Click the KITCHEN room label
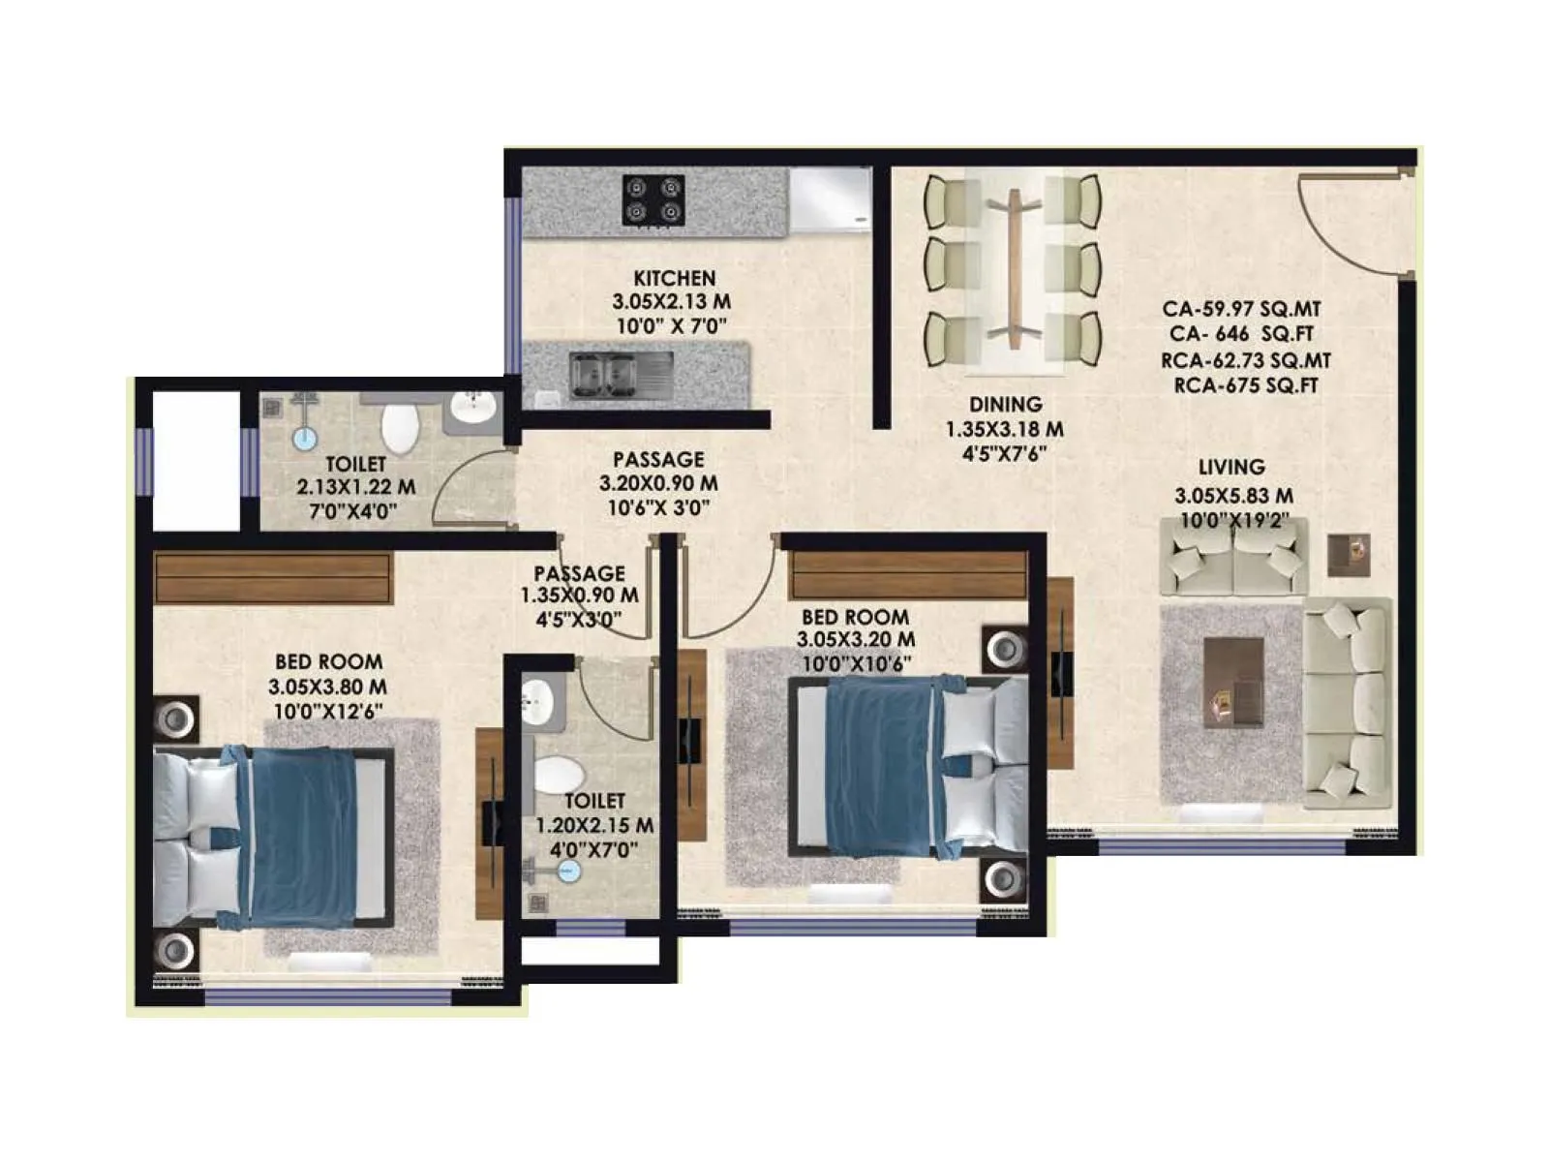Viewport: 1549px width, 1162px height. [674, 279]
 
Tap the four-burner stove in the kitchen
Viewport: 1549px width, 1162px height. [653, 199]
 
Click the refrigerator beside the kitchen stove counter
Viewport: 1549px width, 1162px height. [830, 200]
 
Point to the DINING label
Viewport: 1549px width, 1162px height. [1006, 405]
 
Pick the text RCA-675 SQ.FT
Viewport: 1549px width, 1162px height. [1246, 385]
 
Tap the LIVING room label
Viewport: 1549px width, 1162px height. [1231, 467]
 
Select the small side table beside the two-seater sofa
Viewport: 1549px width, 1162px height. [1348, 555]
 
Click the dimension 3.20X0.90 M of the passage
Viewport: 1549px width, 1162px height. [658, 483]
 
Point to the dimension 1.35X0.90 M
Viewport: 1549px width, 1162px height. [579, 596]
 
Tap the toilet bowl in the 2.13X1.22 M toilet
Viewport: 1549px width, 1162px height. [399, 428]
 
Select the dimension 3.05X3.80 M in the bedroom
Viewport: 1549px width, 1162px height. [327, 687]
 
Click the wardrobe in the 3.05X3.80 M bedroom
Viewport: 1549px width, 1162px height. [273, 577]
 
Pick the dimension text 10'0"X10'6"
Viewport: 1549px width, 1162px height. [856, 664]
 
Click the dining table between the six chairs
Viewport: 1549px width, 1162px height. [1014, 268]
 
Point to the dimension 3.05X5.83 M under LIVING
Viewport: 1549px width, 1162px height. [1233, 496]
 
